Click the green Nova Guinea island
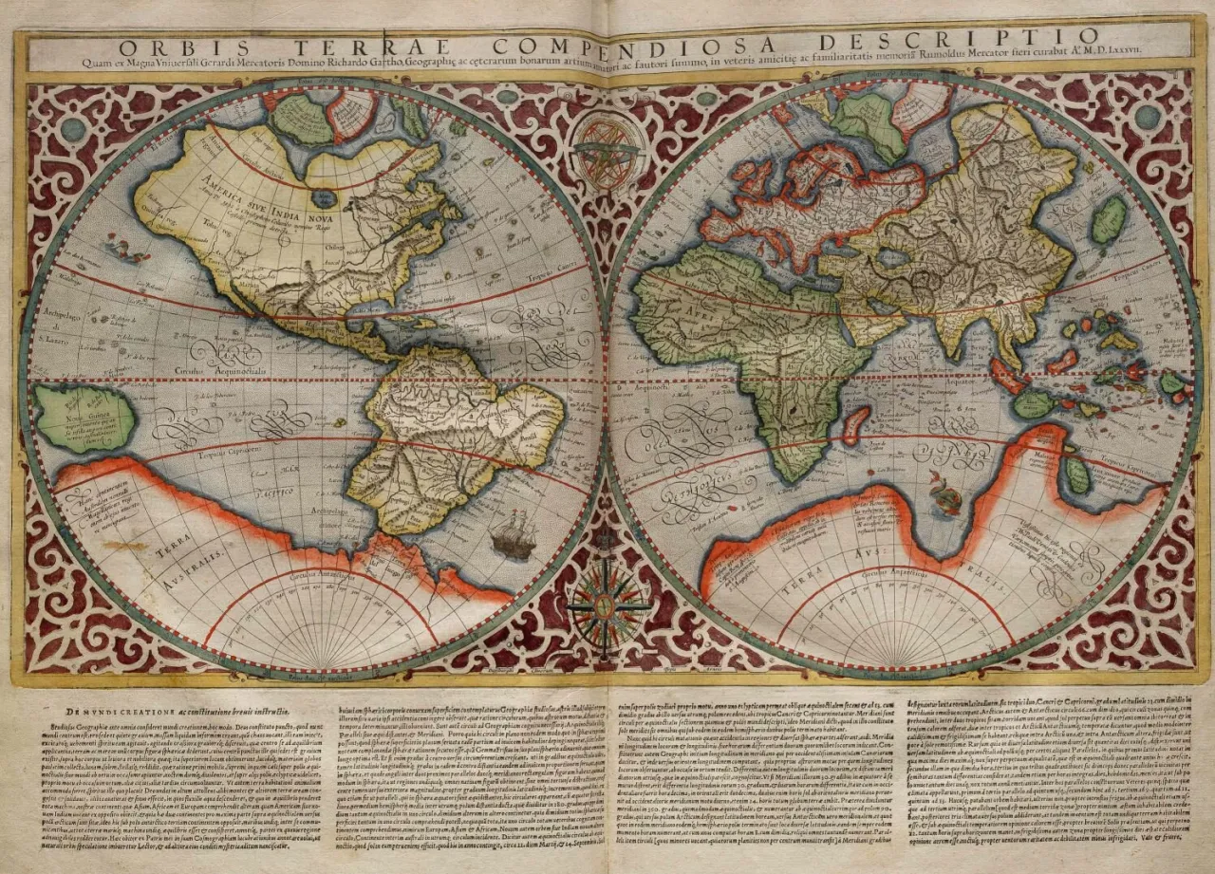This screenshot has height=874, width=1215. pos(84,418)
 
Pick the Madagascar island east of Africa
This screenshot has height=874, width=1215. pos(856,424)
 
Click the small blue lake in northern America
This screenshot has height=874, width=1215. pos(325,199)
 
